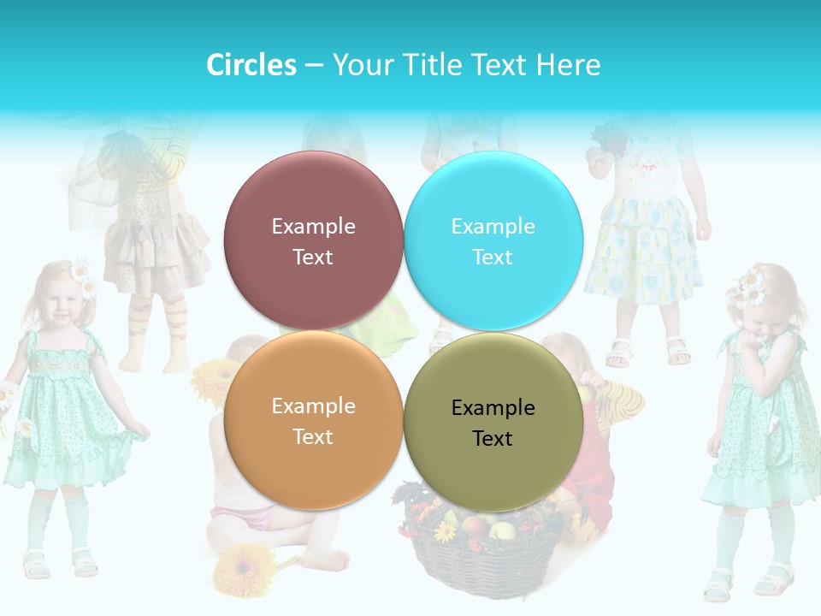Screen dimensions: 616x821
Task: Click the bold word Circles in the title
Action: pyautogui.click(x=251, y=65)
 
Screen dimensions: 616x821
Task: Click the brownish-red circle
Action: pyautogui.click(x=313, y=241)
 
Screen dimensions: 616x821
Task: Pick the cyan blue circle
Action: pyautogui.click(x=493, y=241)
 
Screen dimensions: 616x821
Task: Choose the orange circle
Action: pyautogui.click(x=313, y=420)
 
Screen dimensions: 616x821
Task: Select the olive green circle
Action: pyautogui.click(x=493, y=422)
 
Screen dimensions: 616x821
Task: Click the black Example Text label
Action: pyautogui.click(x=493, y=423)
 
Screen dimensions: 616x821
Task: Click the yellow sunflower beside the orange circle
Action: pyautogui.click(x=212, y=381)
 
